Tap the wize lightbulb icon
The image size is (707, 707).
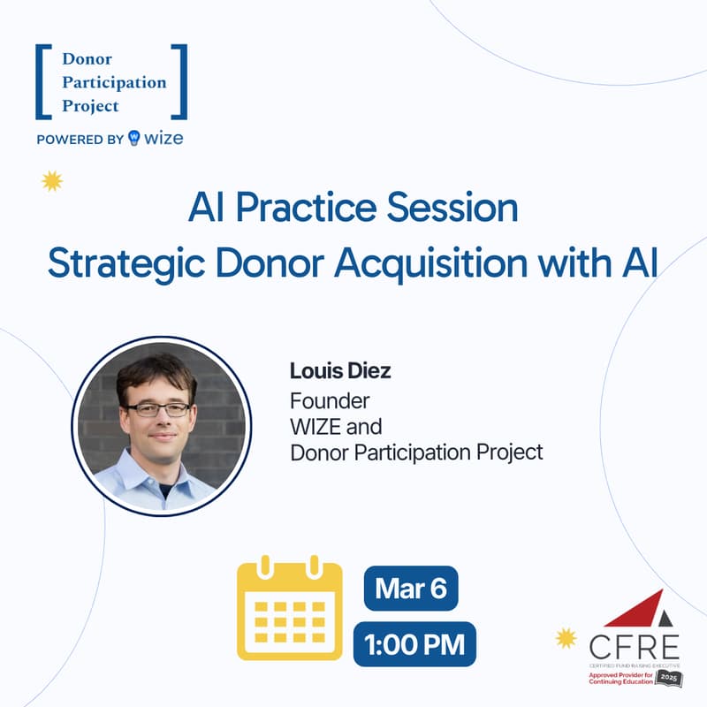pos(134,138)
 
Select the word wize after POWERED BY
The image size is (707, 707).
pos(165,138)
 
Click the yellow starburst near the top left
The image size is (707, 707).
pos(52,181)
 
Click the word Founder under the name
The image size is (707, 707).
pos(330,400)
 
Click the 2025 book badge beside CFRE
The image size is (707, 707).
pos(668,677)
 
